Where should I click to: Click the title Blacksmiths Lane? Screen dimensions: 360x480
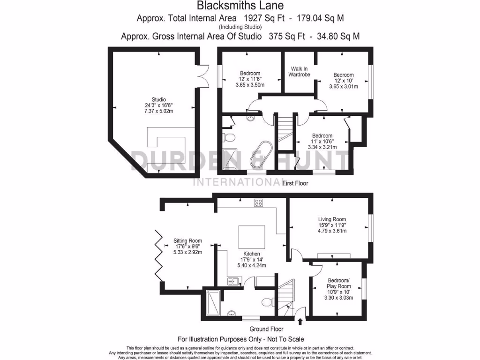240,6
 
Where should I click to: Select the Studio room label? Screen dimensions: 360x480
158,99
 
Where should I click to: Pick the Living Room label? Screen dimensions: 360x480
332,219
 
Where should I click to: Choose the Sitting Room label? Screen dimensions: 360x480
187,240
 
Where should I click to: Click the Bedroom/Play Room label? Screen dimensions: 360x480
338,283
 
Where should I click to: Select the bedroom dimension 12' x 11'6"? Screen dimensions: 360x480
250,79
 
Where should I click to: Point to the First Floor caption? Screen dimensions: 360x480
295,183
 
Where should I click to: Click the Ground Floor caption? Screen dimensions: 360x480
266,329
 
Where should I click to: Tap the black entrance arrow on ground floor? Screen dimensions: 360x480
300,322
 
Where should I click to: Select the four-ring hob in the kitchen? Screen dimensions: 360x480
258,202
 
